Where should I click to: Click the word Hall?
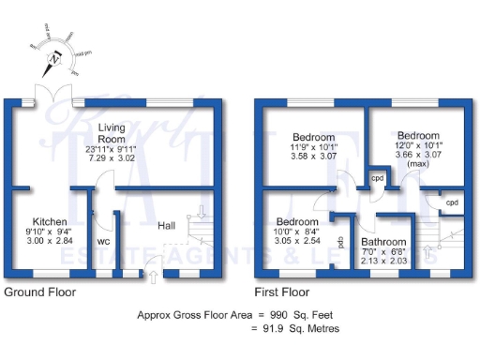tap(166, 225)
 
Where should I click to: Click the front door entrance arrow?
tap(154, 275)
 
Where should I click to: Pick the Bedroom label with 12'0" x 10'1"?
tap(418, 135)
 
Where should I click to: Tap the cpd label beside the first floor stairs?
tap(452, 202)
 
